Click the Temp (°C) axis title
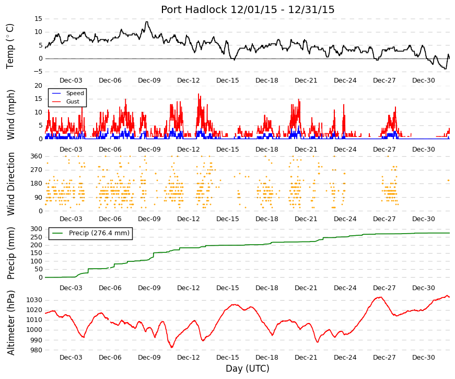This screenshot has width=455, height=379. coord(10,47)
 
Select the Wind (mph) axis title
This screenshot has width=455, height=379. coord(10,114)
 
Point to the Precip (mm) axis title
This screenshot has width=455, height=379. coord(10,253)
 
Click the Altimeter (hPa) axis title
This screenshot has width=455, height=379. coord(10,323)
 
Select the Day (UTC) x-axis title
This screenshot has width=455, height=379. coord(248,369)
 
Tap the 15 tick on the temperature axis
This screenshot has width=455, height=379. coord(38,19)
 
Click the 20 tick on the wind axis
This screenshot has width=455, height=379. coord(38,86)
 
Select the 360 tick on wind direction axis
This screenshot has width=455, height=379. coord(37,156)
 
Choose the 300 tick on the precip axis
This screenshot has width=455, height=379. coord(37,229)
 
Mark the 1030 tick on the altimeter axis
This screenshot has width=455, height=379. coord(34,300)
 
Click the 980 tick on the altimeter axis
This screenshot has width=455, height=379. coord(36,350)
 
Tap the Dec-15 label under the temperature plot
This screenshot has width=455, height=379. coord(228,81)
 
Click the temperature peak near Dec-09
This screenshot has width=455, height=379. coord(147,22)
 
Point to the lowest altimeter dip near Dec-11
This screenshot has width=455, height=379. coord(172,347)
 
